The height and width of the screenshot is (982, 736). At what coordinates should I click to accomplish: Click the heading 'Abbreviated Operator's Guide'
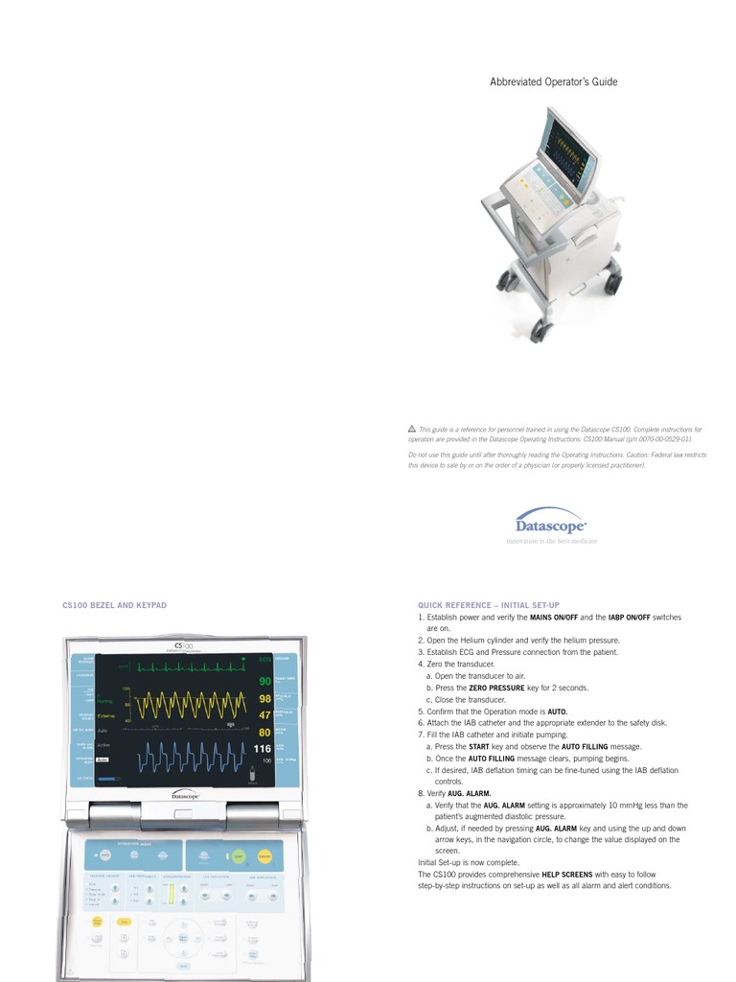[x=554, y=82]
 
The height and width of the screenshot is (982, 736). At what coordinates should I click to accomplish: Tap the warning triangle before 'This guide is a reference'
[x=412, y=430]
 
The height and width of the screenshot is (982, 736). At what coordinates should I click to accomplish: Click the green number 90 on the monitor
[x=264, y=681]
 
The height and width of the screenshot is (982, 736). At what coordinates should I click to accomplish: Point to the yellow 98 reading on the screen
[x=264, y=699]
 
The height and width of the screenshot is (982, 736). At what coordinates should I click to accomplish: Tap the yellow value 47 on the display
[x=264, y=715]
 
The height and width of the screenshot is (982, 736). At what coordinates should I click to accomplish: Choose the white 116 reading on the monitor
[x=263, y=748]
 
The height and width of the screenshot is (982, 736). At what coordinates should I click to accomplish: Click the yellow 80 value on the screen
[x=264, y=733]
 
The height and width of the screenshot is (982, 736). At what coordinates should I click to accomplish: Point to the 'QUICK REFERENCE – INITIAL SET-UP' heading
[x=489, y=606]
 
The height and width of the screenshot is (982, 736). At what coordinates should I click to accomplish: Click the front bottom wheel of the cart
[x=540, y=332]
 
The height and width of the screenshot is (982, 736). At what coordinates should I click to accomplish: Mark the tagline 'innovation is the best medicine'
[x=551, y=542]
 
